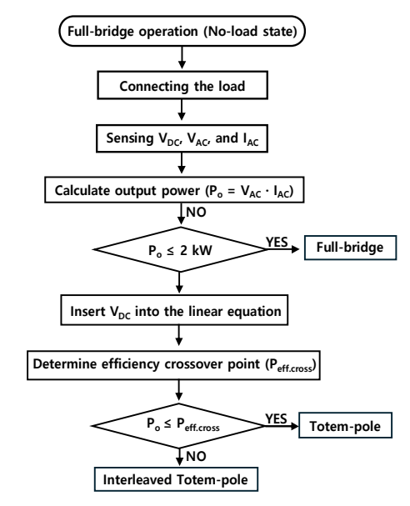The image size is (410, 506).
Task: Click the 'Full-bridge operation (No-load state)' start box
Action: [182, 32]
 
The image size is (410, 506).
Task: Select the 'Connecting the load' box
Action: [182, 85]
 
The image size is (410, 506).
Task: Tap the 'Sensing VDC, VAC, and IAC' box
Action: [182, 138]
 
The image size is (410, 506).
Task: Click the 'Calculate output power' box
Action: [174, 190]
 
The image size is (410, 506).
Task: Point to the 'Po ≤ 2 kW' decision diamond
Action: [180, 249]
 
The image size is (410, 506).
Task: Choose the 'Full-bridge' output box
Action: [350, 248]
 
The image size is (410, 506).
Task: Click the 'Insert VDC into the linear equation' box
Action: [174, 310]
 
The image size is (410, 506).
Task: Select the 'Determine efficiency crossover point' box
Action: [173, 365]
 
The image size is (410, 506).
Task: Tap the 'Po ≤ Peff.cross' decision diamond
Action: [178, 426]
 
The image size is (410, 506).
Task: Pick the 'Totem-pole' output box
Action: [346, 425]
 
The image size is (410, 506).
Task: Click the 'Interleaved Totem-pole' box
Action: [176, 479]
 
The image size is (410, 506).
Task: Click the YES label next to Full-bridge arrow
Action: [277, 242]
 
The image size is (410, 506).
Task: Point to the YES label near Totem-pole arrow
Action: [276, 418]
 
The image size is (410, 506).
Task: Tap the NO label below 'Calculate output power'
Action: [196, 212]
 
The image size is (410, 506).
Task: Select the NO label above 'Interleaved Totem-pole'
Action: [196, 456]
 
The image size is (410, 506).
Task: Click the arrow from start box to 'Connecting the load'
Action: [182, 58]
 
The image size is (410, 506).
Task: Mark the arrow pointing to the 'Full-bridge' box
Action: [283, 249]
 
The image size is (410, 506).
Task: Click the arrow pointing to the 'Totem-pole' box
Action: [282, 426]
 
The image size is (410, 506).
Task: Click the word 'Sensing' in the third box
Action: [130, 138]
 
